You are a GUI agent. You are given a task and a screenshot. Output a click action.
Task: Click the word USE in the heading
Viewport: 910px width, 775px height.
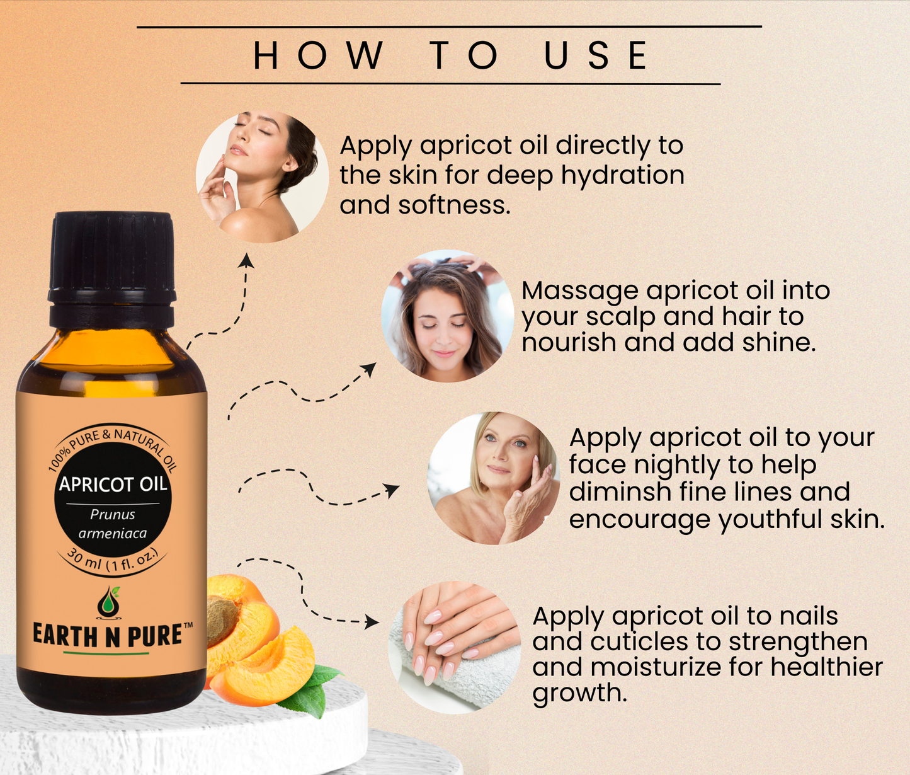[x=595, y=55]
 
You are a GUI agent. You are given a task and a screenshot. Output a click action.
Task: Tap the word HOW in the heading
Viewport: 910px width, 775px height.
[x=318, y=55]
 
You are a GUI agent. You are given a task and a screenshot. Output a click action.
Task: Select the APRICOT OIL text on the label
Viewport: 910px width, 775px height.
[x=113, y=484]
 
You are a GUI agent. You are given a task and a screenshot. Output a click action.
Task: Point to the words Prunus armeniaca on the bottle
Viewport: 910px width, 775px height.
[x=113, y=524]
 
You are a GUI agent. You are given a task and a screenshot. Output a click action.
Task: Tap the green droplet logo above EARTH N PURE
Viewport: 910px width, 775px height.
[x=108, y=602]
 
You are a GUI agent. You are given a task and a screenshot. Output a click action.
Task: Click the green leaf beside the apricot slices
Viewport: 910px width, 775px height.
[x=312, y=692]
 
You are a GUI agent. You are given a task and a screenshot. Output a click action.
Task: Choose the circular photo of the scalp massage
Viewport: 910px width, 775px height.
[x=447, y=316]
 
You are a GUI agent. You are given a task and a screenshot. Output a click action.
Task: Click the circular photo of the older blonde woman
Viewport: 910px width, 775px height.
[x=494, y=478]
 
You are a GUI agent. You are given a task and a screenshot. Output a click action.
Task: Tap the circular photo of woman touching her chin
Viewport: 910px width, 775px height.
[x=263, y=176]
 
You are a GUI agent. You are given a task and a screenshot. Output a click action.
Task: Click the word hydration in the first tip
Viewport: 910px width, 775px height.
[x=623, y=176]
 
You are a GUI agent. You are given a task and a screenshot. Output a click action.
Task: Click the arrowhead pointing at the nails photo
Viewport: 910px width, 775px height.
[x=372, y=622]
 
